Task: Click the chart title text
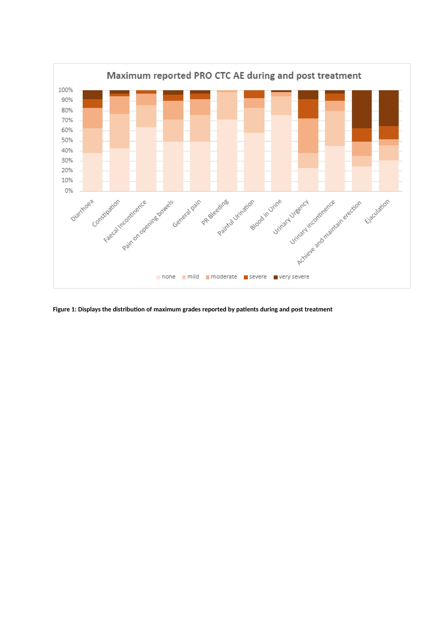234,76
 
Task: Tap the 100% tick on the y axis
66,90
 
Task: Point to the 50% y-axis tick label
67,140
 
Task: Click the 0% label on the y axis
69,191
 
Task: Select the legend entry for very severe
291,277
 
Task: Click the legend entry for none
166,277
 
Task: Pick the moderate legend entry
221,277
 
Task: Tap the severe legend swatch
246,277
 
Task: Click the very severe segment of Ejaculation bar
389,108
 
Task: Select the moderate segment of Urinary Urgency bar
308,136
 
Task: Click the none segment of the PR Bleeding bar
227,155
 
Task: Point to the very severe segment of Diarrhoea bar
92,95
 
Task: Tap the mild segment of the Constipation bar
119,131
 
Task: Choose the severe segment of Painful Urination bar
254,94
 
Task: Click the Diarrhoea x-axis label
82,211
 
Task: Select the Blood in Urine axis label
266,215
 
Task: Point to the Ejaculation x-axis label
377,212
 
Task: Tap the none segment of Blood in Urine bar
281,153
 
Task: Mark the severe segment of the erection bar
362,135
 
